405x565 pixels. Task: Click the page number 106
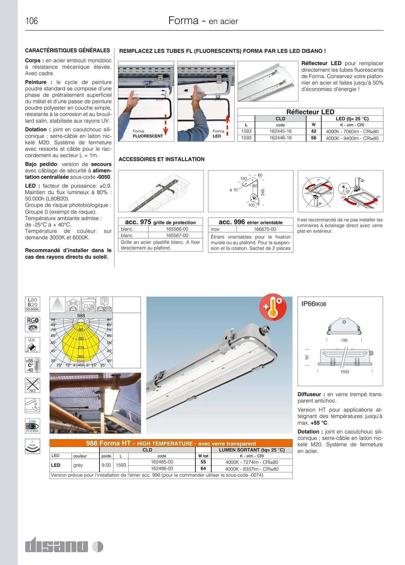coord(31,21)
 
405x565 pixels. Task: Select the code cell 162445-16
coord(280,131)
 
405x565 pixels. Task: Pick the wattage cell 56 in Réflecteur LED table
coord(313,138)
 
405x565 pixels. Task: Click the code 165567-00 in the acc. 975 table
coord(177,235)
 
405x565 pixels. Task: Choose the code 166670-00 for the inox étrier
coord(265,229)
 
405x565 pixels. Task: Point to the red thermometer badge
coord(273,307)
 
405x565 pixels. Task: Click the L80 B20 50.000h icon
coord(32,304)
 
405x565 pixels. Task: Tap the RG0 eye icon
coord(32,324)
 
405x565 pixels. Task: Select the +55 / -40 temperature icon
coord(32,365)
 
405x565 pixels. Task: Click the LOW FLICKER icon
coord(32,426)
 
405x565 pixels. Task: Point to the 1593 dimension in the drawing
coord(345,372)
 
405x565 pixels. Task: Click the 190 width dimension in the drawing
coord(344,340)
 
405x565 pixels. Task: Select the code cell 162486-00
coord(162,469)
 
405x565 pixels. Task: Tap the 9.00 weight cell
coord(106,465)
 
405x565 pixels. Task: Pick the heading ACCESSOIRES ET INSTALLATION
coord(161,159)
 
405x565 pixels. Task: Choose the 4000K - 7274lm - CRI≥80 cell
coord(251,462)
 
